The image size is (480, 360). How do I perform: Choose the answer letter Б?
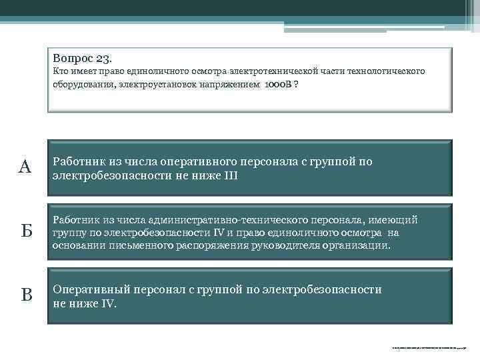26,232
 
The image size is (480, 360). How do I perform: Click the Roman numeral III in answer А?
229,176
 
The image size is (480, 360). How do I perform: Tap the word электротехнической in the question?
271,71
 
